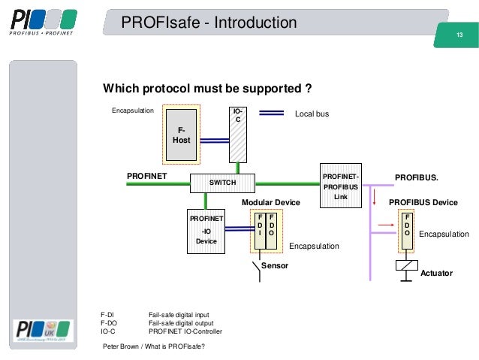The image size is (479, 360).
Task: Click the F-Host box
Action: [x=182, y=135]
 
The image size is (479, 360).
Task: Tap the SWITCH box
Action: [x=222, y=183]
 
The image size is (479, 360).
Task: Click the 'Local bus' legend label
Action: [x=312, y=114]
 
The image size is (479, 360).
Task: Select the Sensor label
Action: [x=274, y=266]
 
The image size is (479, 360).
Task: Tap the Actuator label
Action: [x=436, y=273]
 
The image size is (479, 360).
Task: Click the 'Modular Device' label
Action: [x=270, y=203]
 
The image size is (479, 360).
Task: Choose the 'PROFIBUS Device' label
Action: [x=423, y=203]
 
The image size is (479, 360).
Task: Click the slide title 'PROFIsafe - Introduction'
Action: [x=209, y=24]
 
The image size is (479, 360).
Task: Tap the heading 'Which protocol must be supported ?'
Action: [x=207, y=89]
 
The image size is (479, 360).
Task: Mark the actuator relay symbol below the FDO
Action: [x=406, y=266]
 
